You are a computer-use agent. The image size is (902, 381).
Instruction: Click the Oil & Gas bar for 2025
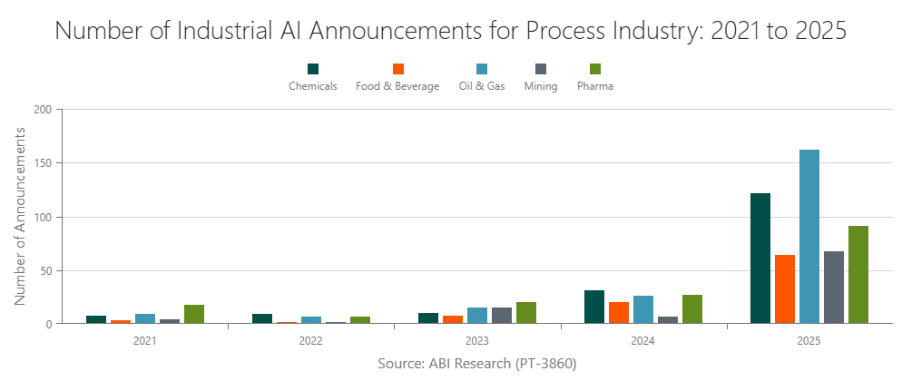[809, 237]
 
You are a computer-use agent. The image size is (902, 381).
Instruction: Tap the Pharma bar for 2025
[858, 275]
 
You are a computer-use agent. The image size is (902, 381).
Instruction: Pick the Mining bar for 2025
[833, 287]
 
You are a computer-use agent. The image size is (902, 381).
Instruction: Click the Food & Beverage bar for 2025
[784, 289]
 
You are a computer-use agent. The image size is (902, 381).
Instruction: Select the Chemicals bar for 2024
[594, 307]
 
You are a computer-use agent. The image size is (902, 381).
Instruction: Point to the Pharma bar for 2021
[194, 314]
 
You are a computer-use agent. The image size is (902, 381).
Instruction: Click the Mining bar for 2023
[501, 316]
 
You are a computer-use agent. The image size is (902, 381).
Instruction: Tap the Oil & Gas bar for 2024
[643, 309]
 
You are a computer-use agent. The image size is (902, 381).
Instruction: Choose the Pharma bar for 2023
[525, 313]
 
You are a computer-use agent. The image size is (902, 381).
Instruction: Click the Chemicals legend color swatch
[313, 69]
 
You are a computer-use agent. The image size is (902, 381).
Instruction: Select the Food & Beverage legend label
[397, 86]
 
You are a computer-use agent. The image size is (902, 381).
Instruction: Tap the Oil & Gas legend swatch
[482, 69]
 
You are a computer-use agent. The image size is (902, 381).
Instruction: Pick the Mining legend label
[541, 86]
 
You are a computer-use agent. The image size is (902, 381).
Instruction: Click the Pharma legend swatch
[595, 69]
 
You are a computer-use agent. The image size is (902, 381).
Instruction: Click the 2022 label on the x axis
[310, 342]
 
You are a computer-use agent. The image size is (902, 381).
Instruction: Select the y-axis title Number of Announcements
[20, 216]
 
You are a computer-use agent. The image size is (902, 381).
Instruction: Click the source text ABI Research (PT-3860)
[476, 363]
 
